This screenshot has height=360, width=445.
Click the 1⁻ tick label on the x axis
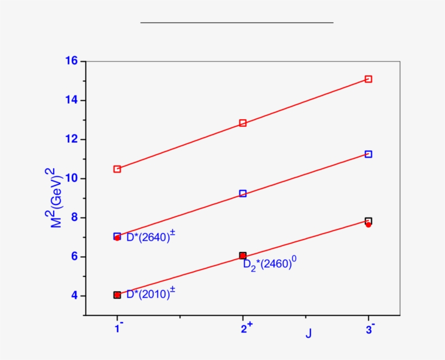coord(118,328)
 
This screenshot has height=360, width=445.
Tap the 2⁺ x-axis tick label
coord(245,328)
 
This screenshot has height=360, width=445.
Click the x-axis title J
coord(308,333)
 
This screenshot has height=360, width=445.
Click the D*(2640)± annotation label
coord(150,237)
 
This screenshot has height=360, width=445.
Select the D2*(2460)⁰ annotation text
coord(269,265)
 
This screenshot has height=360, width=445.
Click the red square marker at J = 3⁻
coord(368,79)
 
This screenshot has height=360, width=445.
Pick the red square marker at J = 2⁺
coord(243,123)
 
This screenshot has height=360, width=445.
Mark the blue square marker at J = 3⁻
coord(368,154)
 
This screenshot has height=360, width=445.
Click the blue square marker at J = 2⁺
coord(243,194)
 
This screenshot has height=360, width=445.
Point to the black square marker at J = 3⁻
coord(368,221)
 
